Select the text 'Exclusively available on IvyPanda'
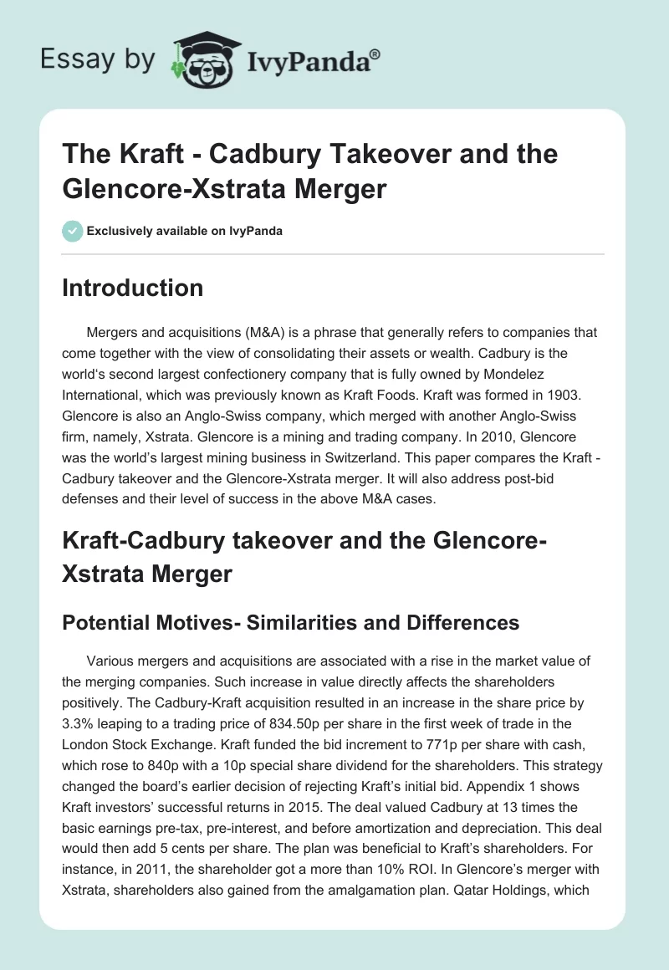(184, 231)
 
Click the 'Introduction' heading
(133, 288)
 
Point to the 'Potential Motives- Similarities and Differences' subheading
(291, 622)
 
